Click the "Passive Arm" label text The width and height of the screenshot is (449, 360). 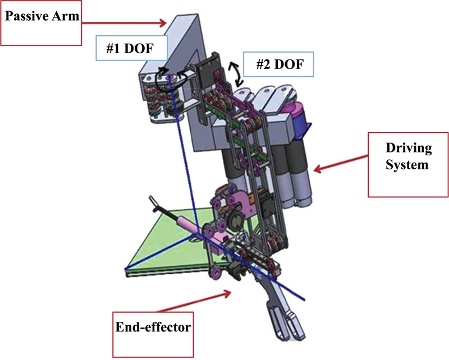(42, 16)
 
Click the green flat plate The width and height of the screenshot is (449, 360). (163, 247)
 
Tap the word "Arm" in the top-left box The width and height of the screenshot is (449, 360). (67, 16)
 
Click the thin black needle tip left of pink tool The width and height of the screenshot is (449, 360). (153, 202)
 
